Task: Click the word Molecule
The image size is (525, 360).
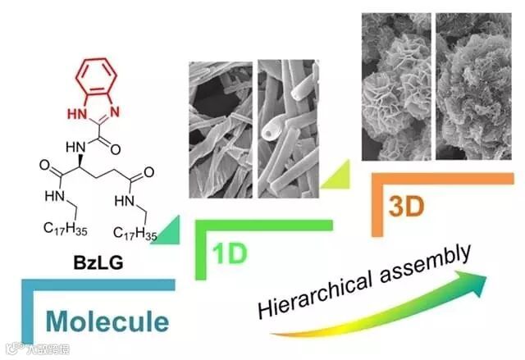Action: [x=107, y=319]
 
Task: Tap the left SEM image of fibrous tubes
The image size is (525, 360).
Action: [x=221, y=129]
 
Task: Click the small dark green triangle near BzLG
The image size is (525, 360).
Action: [x=171, y=234]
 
